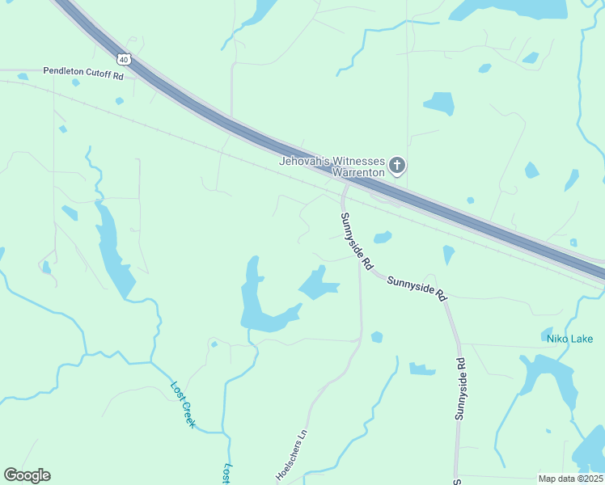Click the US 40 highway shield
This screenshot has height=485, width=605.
(124, 59)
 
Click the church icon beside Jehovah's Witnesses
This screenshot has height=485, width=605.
(396, 167)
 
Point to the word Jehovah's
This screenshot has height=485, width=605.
(302, 161)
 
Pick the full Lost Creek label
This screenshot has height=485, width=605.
(184, 404)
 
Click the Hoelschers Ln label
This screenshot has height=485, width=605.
(294, 455)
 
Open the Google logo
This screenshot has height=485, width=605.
(27, 475)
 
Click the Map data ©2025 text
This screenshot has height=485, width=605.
(569, 479)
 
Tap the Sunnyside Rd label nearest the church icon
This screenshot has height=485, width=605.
(356, 241)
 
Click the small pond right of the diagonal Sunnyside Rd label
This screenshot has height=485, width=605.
(383, 237)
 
